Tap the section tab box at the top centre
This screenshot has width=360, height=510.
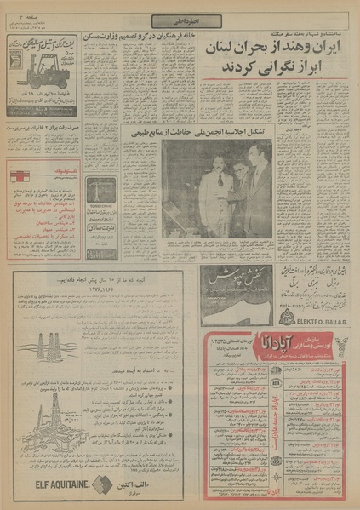click(x=179, y=20)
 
